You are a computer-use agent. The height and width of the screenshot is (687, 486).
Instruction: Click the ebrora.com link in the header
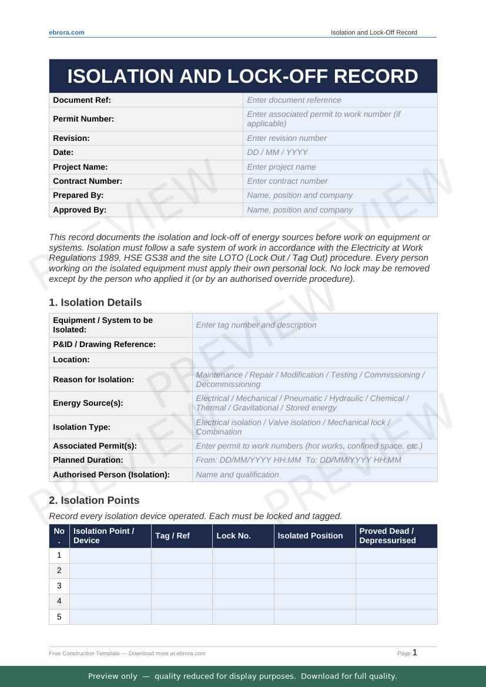66,33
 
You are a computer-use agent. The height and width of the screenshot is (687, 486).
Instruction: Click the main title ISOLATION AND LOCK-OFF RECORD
243,76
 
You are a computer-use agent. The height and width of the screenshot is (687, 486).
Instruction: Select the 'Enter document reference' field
340,100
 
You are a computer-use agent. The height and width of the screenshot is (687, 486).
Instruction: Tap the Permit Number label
83,119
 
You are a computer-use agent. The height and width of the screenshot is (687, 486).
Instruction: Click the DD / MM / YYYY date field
340,152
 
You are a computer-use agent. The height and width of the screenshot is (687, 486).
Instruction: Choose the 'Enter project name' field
340,167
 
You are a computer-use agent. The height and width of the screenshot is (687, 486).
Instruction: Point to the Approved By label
80,210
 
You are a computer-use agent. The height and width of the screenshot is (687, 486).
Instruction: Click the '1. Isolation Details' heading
95,302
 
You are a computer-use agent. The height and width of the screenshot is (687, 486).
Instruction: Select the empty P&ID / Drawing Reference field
314,345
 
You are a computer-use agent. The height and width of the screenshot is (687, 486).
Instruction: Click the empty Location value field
314,360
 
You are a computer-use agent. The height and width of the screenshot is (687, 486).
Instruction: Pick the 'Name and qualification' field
314,474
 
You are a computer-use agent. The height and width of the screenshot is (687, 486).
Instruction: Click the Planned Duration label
88,460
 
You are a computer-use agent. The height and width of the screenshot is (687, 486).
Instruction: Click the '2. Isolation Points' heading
94,500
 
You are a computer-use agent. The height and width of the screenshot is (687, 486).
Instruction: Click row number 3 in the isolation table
59,586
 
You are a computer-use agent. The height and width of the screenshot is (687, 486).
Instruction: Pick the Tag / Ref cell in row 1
182,555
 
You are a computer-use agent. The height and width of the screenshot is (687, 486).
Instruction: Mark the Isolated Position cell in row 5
314,617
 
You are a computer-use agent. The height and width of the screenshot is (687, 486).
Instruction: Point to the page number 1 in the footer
415,652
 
